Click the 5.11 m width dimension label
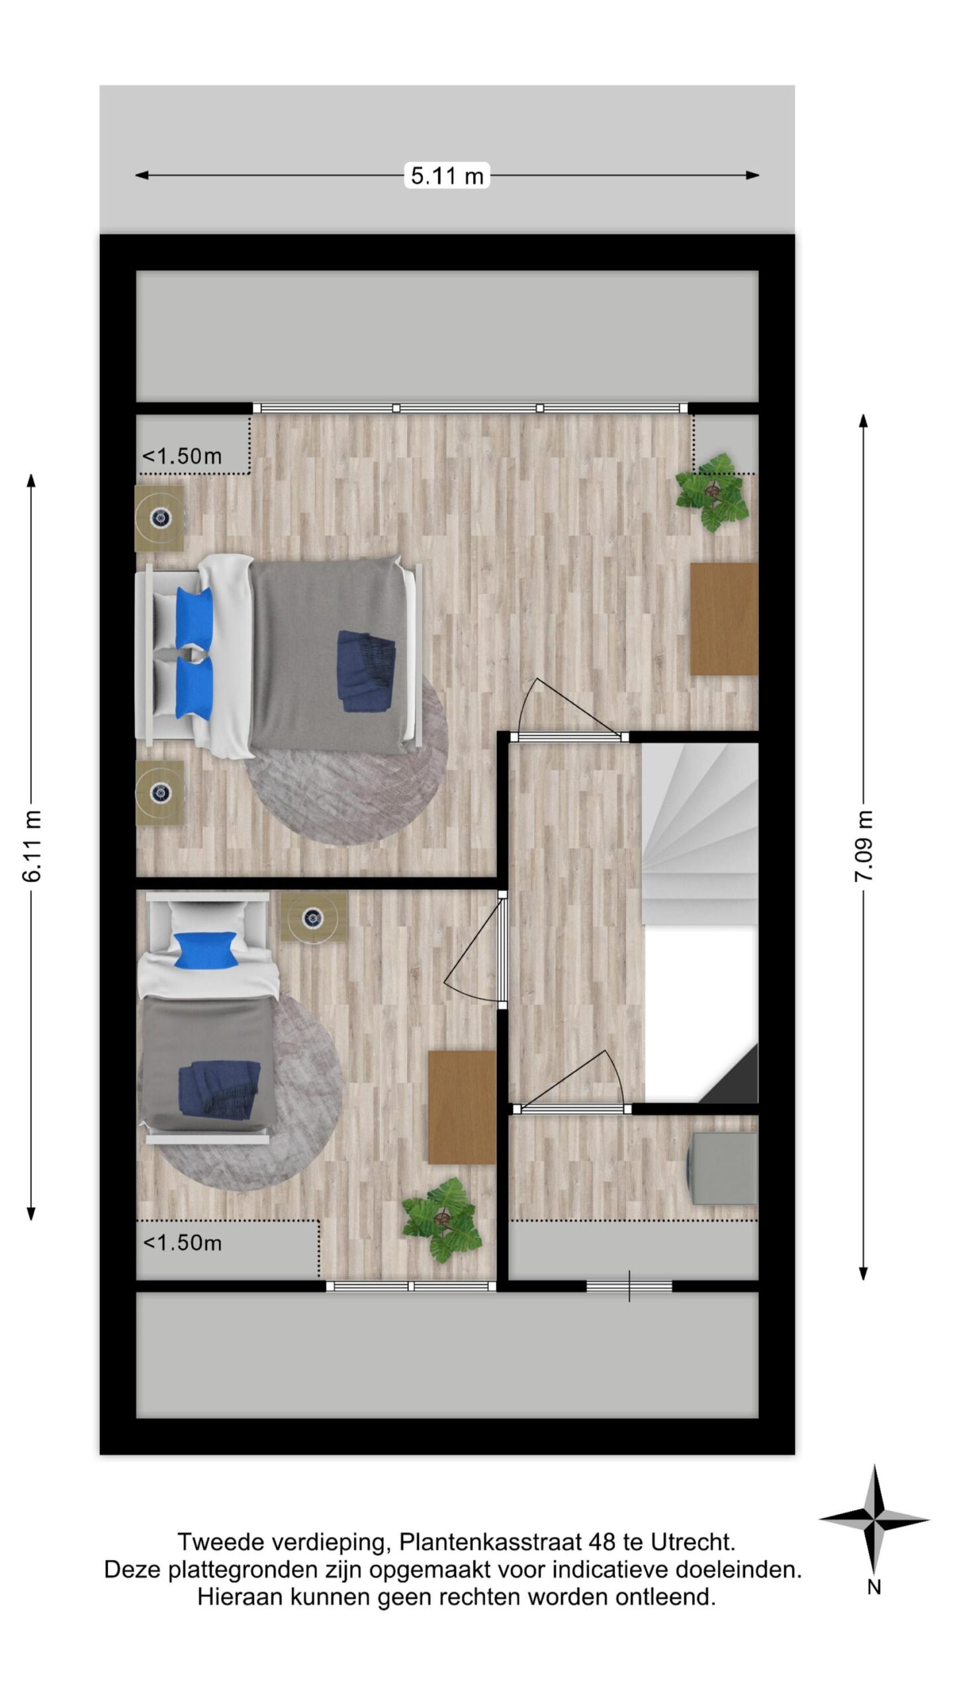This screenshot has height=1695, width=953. coord(447,175)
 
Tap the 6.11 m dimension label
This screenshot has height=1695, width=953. coord(32,846)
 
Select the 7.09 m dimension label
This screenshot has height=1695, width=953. coord(864,846)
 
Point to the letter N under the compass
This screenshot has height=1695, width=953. coord(874,1587)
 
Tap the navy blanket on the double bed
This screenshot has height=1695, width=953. coord(366,670)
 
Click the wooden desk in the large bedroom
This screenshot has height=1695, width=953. coord(724,619)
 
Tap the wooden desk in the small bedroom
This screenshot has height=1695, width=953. coord(462,1107)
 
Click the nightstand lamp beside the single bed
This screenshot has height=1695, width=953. coord(313,917)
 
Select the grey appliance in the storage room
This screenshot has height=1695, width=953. coord(723,1168)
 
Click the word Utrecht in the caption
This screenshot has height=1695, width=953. coord(693,1543)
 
